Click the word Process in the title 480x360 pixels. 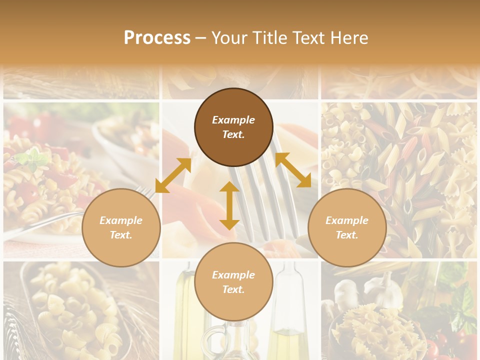tap(157, 38)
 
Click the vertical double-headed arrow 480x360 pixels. tap(229, 205)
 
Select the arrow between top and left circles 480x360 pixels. tap(173, 175)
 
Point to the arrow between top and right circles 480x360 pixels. tap(293, 170)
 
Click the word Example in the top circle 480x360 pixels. tap(233, 120)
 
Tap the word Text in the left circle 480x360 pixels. tap(121, 235)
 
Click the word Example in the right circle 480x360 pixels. tap(347, 220)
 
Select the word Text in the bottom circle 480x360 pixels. tap(233, 289)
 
